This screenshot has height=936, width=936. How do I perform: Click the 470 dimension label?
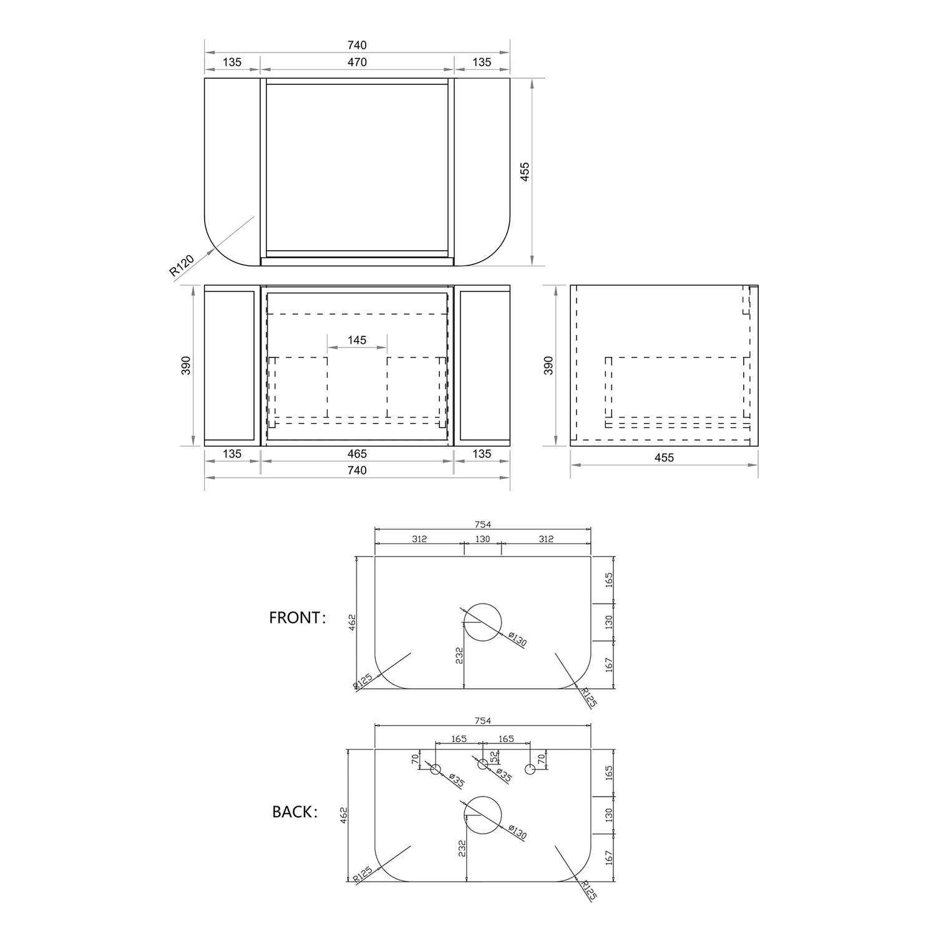tap(357, 62)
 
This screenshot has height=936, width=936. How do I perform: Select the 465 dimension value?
tap(357, 454)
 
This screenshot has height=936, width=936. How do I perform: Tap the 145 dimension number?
tap(357, 340)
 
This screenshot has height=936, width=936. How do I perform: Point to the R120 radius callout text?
tap(182, 265)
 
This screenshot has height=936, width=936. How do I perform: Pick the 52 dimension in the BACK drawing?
tap(495, 757)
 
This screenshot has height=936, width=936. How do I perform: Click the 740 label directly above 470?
tap(357, 45)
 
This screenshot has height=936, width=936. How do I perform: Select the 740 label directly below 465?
tap(357, 470)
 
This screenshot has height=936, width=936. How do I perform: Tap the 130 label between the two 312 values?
tap(483, 539)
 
